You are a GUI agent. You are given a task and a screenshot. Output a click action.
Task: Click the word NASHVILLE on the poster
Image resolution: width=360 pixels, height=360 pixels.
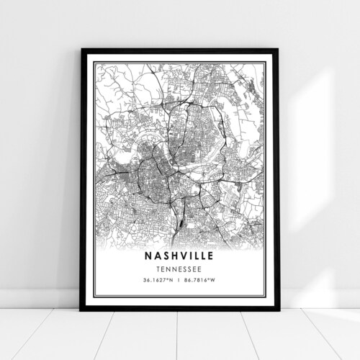[179, 256]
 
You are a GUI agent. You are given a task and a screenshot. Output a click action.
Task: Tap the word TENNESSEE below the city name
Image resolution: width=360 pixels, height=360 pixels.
[179, 270]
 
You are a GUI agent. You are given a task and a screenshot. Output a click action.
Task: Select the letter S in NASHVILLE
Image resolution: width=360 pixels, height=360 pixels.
[163, 256]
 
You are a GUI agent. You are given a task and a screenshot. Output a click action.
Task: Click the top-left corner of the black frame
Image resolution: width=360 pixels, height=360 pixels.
[82, 50]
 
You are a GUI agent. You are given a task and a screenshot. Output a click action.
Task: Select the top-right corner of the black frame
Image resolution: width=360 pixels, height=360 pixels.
[278, 50]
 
